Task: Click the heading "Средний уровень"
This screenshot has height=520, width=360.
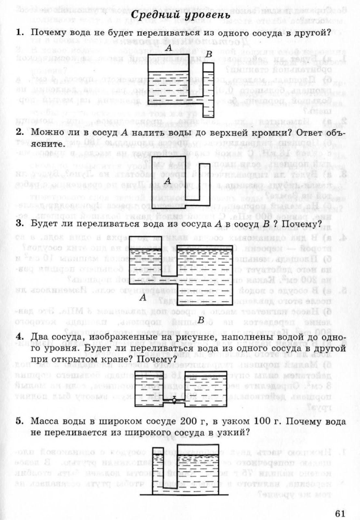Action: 182,15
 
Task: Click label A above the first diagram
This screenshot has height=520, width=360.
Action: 168,48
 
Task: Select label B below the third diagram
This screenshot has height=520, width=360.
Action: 201,320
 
